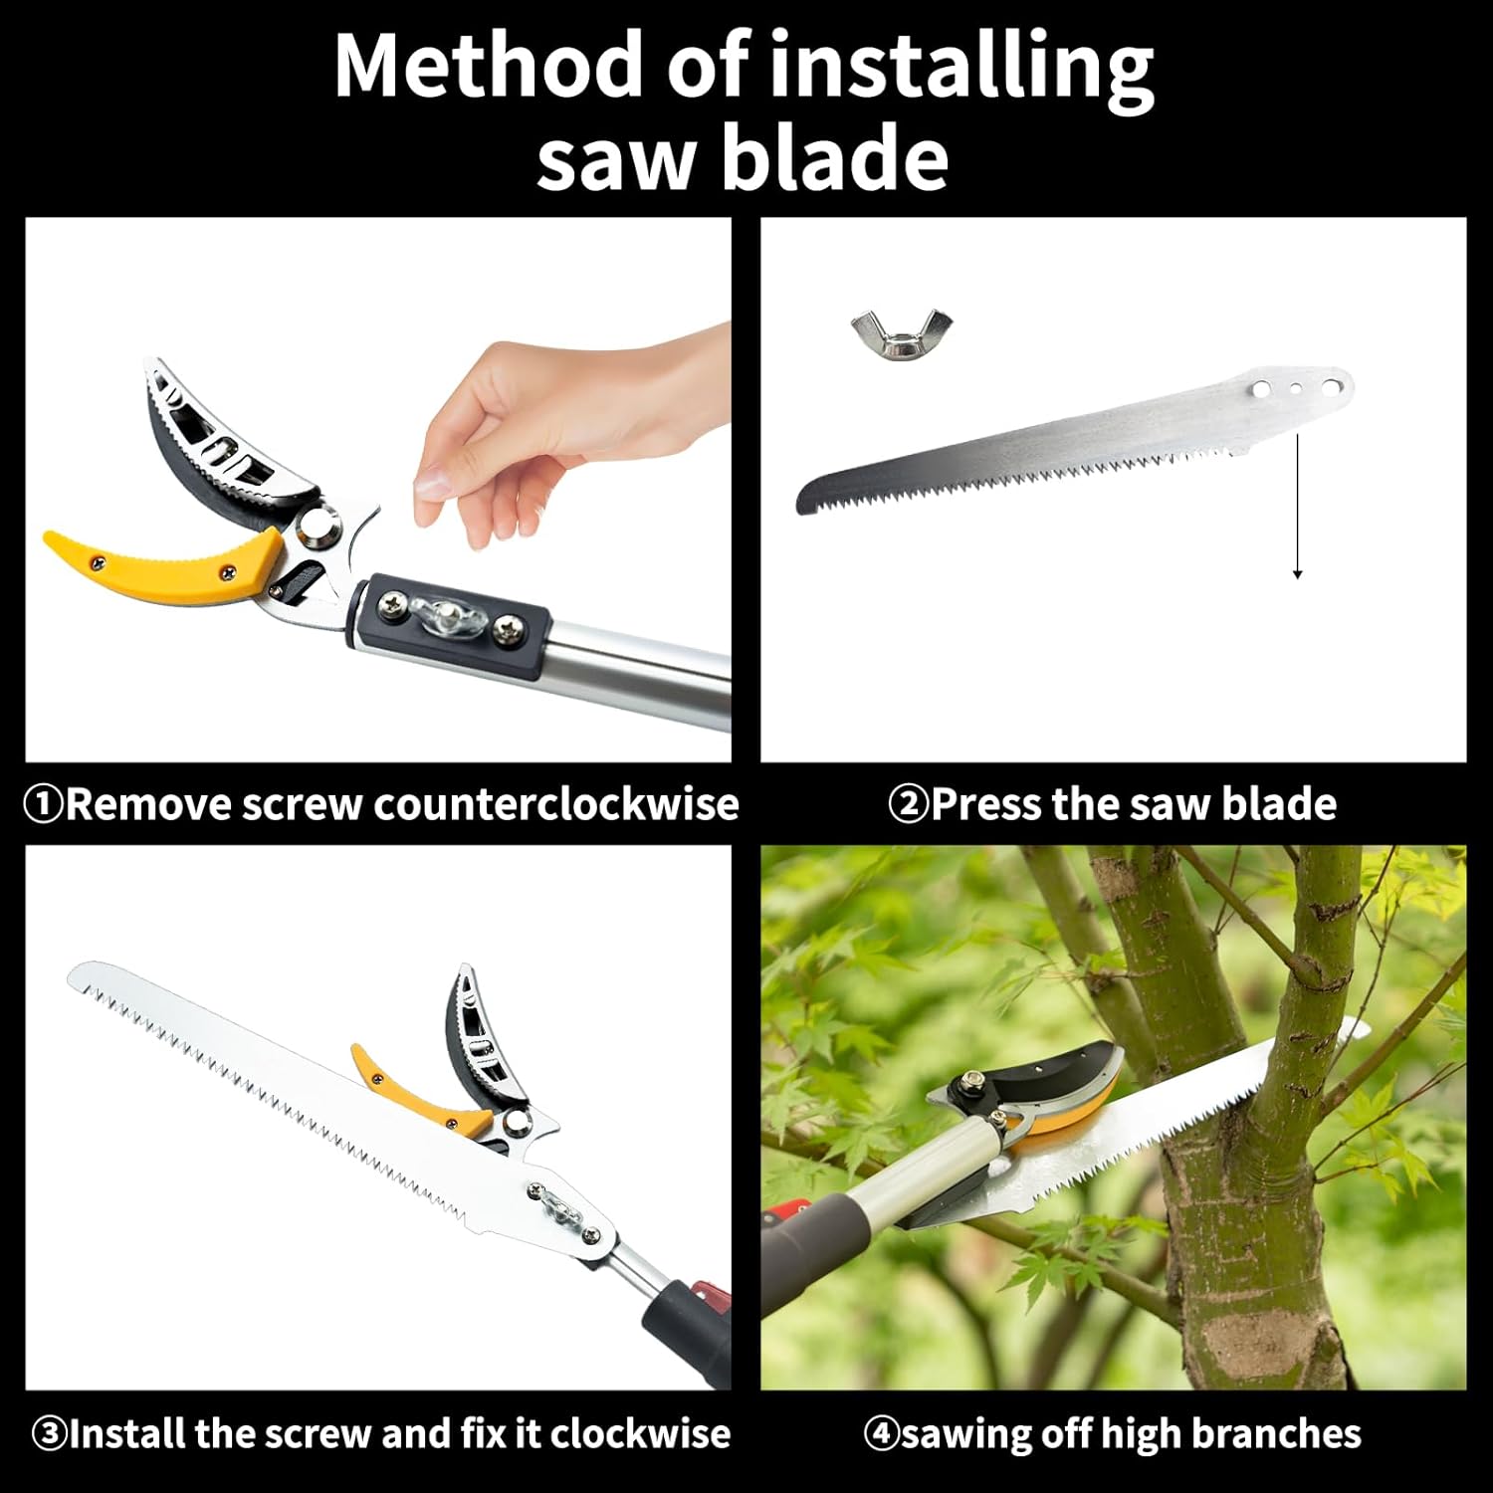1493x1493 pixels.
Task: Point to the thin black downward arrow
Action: [x=1297, y=508]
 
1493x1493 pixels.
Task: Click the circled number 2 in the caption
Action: [x=907, y=804]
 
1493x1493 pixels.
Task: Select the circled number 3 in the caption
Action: [x=49, y=1434]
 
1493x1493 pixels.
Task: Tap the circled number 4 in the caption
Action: [x=881, y=1434]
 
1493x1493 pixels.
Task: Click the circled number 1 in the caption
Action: [x=43, y=804]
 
